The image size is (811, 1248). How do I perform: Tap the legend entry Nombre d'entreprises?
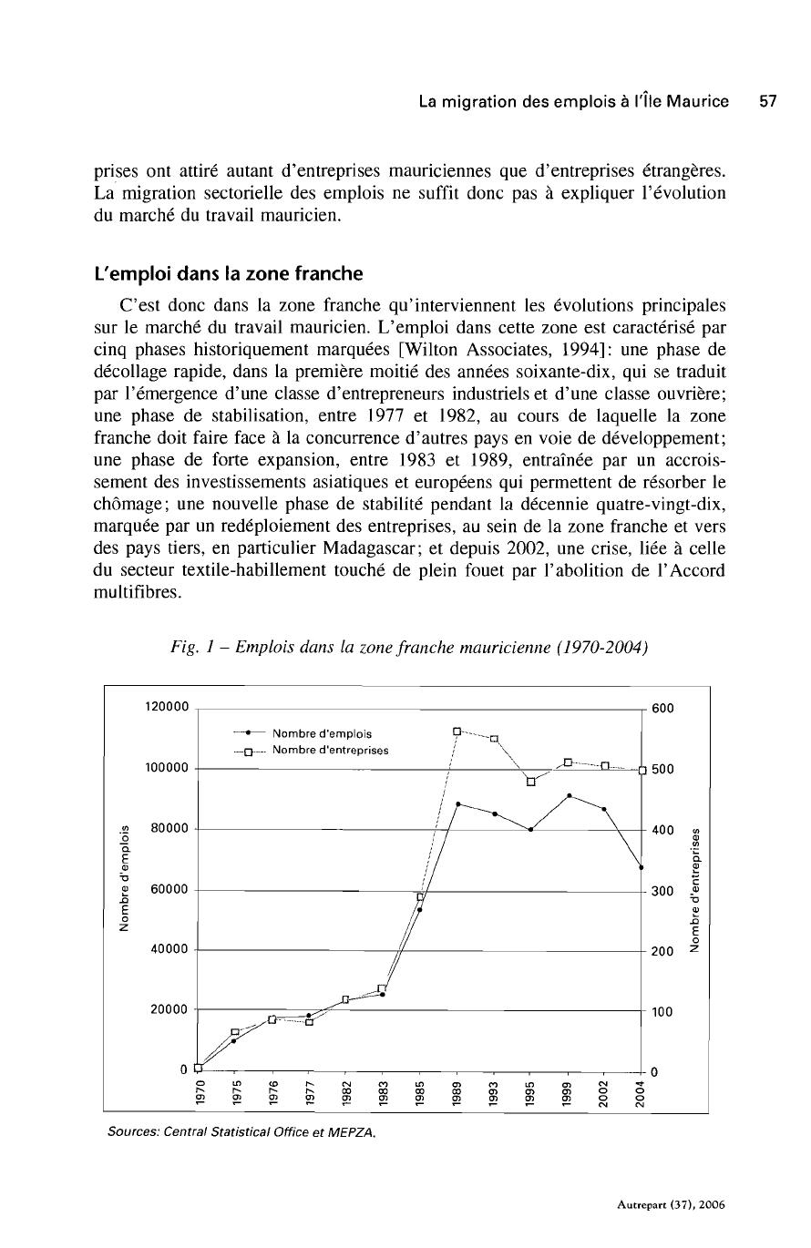331,751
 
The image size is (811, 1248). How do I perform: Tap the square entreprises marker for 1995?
530,781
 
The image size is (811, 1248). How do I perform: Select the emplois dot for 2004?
642,867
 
